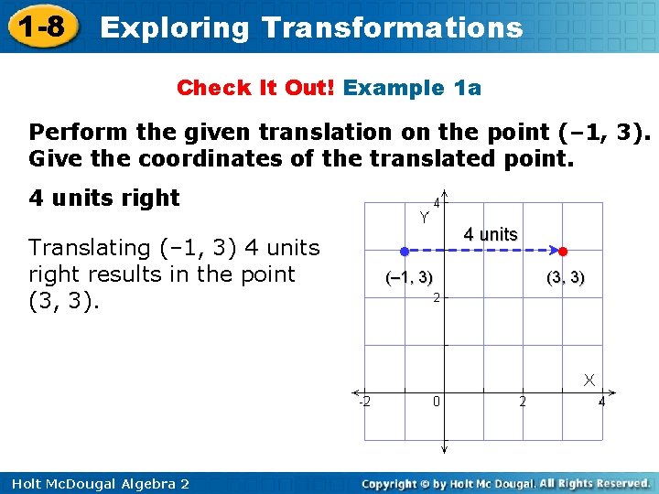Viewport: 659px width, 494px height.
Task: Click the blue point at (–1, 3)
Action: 404,250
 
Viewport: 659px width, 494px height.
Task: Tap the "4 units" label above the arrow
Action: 490,234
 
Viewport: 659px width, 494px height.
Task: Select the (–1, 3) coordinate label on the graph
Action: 409,278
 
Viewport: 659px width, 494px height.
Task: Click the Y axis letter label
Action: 425,217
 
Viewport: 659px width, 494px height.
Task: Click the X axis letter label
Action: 590,379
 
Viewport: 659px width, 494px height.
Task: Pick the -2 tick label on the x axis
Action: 363,402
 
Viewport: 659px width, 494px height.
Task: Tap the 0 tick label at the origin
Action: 438,402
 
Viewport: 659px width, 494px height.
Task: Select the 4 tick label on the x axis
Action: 601,402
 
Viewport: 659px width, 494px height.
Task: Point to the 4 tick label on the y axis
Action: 438,203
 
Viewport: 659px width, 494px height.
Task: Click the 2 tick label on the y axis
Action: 438,297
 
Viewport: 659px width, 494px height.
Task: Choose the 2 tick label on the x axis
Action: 523,402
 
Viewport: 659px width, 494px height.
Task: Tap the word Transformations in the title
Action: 392,27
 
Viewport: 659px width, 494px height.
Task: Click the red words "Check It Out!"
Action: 257,88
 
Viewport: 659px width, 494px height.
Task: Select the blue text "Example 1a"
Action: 413,88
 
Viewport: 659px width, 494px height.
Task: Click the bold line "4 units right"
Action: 104,198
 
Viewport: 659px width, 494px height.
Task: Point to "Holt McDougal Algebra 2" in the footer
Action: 95,483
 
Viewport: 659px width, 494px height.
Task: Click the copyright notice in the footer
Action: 505,483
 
